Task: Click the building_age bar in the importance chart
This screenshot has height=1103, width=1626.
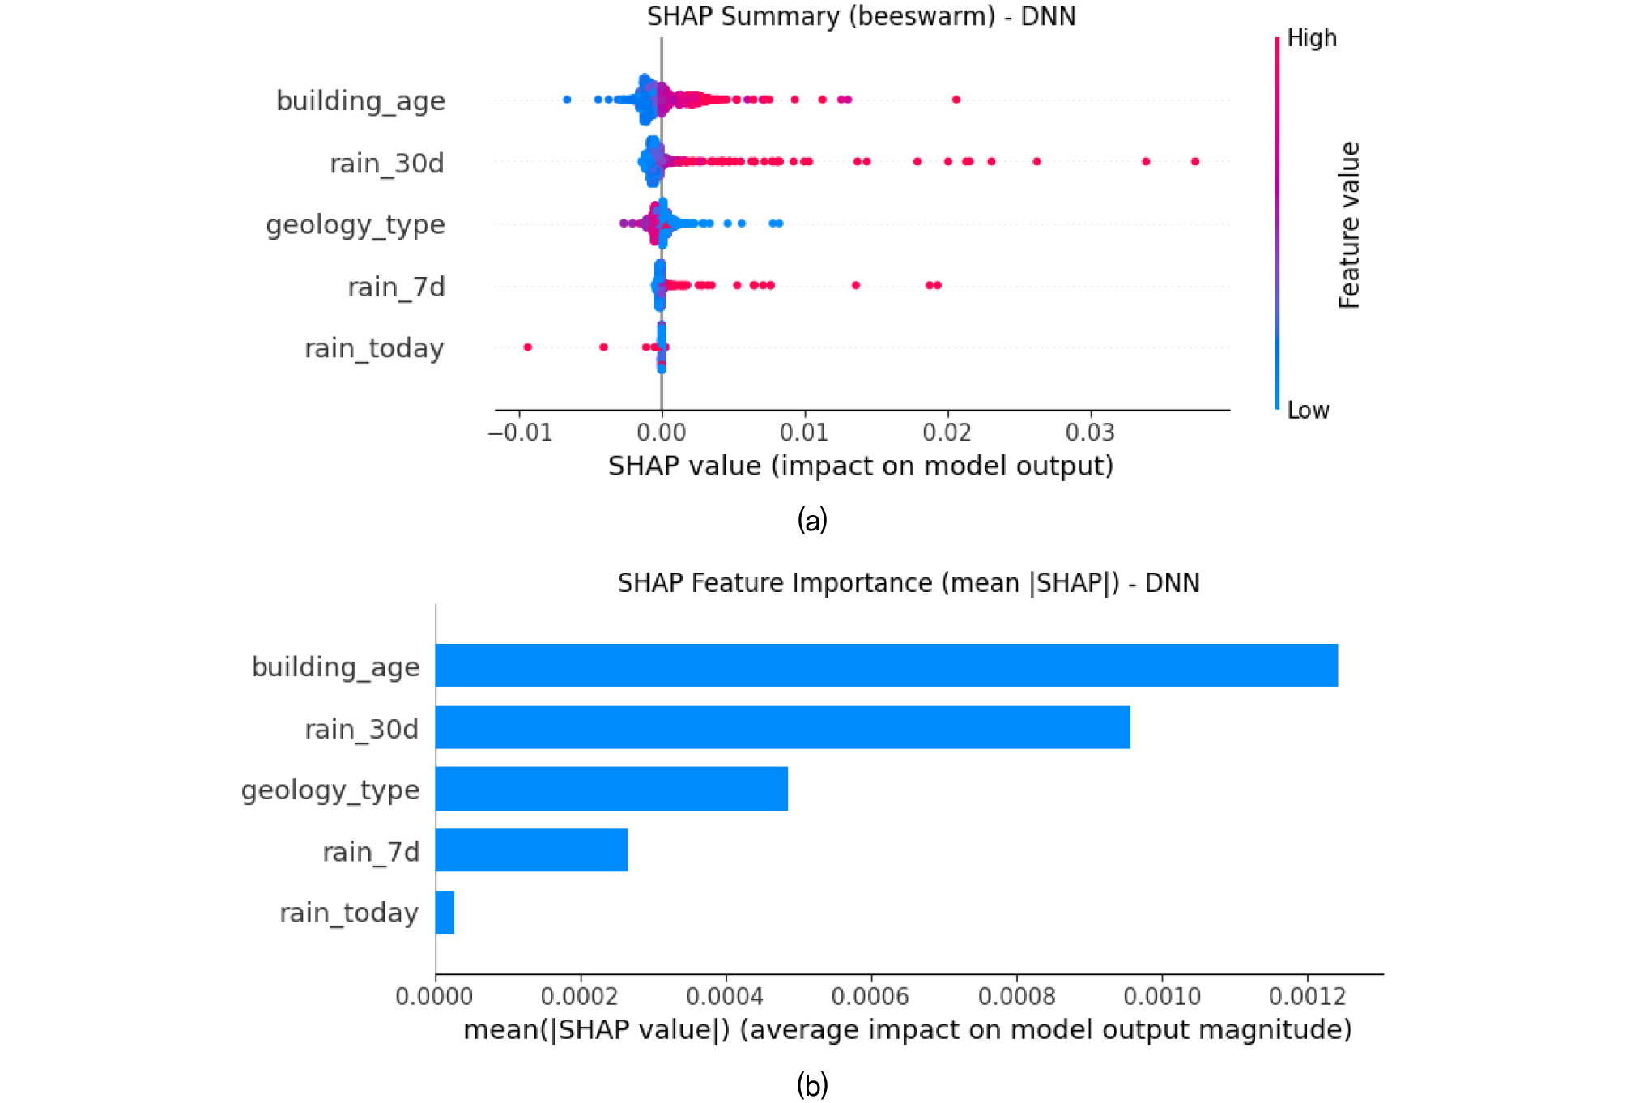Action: tap(886, 666)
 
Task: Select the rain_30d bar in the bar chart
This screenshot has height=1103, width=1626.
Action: tap(782, 727)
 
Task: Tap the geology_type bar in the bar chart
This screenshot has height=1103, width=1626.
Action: tap(611, 789)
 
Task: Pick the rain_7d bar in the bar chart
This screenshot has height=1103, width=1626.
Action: tap(531, 850)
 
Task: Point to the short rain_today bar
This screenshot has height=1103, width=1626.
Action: tap(445, 913)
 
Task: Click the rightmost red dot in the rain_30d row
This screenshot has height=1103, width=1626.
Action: tap(1194, 162)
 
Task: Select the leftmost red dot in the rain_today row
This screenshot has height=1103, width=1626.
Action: tap(528, 347)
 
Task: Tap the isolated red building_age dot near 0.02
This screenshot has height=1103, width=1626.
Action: tap(956, 100)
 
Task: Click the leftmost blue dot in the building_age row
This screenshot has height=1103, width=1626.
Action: tap(567, 100)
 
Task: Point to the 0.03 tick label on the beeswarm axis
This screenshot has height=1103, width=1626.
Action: tap(1089, 433)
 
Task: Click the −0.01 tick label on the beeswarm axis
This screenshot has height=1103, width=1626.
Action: tap(520, 433)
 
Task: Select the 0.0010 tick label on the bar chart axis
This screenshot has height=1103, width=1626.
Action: tap(1162, 996)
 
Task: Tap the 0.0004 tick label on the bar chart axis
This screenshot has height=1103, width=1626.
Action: tap(725, 996)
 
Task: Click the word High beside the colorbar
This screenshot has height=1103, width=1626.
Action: tap(1311, 38)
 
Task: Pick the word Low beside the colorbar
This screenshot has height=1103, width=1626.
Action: tap(1308, 411)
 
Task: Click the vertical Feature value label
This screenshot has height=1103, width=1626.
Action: tap(1348, 225)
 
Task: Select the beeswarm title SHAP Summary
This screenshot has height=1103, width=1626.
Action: tap(861, 16)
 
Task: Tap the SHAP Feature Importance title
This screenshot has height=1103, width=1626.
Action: tap(908, 583)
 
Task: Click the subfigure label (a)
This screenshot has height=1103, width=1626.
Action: tap(812, 520)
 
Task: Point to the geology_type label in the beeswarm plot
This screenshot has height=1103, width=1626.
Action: tap(355, 224)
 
